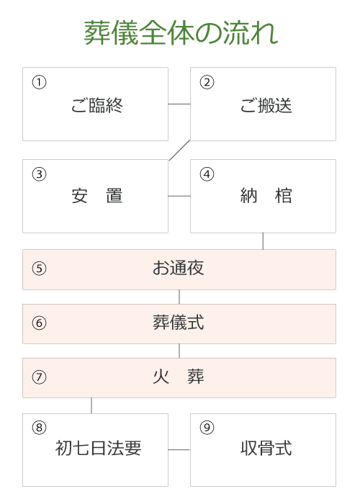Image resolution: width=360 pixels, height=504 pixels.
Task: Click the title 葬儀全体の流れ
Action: [181, 32]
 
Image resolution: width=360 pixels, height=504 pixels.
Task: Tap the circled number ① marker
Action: [39, 82]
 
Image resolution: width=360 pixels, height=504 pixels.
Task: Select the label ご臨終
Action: [96, 105]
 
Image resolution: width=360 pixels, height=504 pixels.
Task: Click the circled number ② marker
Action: [207, 82]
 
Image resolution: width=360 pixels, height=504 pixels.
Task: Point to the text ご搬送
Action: [266, 105]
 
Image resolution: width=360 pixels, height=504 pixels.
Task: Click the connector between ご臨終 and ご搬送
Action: [179, 104]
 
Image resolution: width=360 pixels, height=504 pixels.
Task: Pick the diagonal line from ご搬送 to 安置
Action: [180, 150]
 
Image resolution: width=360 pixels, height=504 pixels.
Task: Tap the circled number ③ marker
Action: [39, 174]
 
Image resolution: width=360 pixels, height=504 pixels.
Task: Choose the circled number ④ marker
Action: [207, 174]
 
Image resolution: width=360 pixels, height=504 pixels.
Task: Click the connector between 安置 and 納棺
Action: [179, 196]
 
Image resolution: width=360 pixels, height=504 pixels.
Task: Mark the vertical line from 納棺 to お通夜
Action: [263, 241]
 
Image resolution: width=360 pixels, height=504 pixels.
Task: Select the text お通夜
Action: [179, 268]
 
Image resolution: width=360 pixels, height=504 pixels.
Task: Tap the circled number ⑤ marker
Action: [39, 269]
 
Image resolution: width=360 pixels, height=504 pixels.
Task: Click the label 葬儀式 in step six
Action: [179, 323]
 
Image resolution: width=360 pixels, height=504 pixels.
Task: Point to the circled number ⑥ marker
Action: [39, 323]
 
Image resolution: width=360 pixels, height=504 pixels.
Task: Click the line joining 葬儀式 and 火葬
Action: [179, 351]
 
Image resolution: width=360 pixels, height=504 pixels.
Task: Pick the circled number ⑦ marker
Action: [39, 377]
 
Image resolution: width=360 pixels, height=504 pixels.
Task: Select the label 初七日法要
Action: [98, 448]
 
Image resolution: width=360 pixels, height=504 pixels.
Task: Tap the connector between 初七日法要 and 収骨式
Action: [179, 450]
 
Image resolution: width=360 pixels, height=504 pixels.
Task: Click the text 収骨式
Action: [266, 448]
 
